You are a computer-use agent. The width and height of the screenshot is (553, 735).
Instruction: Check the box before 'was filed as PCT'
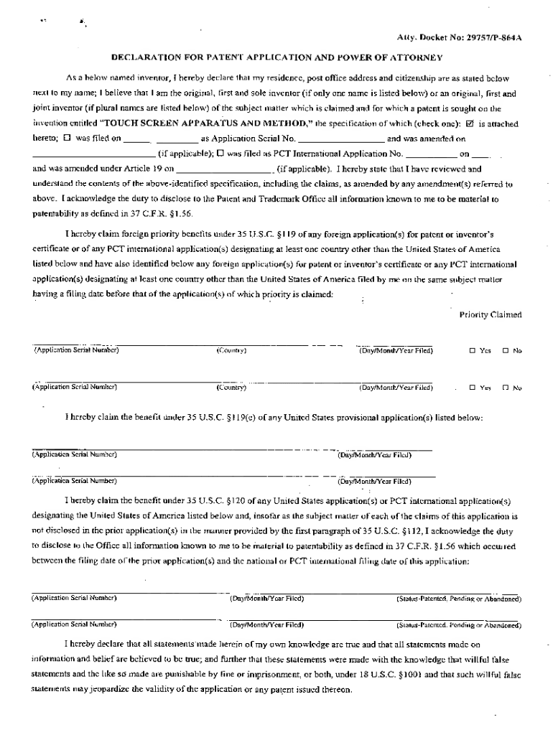click(220, 154)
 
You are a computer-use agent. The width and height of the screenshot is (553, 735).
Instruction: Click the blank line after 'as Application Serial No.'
click(341, 139)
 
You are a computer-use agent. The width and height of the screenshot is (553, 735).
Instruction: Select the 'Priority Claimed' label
click(490, 314)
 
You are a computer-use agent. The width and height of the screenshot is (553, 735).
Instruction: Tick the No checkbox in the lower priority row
click(506, 388)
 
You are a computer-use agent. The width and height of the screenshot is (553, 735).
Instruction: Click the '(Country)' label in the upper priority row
click(231, 351)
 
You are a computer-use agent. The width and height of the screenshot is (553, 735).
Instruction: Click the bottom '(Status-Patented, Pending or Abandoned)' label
click(459, 625)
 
